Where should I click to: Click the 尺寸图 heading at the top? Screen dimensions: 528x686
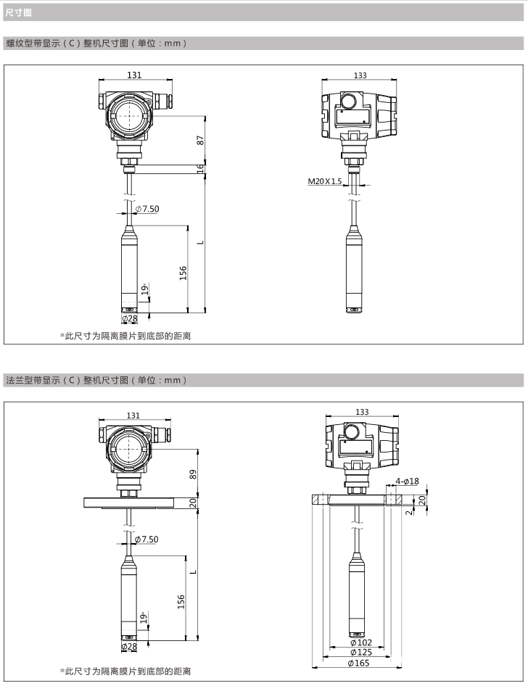click(x=18, y=12)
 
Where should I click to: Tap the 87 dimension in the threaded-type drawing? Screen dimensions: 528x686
click(x=200, y=141)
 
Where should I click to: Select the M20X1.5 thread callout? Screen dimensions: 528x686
click(x=325, y=181)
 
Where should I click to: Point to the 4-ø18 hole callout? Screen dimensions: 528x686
click(x=407, y=482)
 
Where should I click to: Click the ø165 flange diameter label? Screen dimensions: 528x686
click(x=358, y=663)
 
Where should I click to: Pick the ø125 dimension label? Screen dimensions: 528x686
click(x=361, y=653)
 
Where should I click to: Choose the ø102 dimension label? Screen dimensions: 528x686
click(x=361, y=642)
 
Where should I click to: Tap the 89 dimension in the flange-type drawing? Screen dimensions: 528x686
click(x=193, y=474)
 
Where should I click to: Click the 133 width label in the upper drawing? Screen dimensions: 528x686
click(x=360, y=75)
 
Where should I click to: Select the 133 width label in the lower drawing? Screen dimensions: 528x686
click(x=362, y=412)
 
